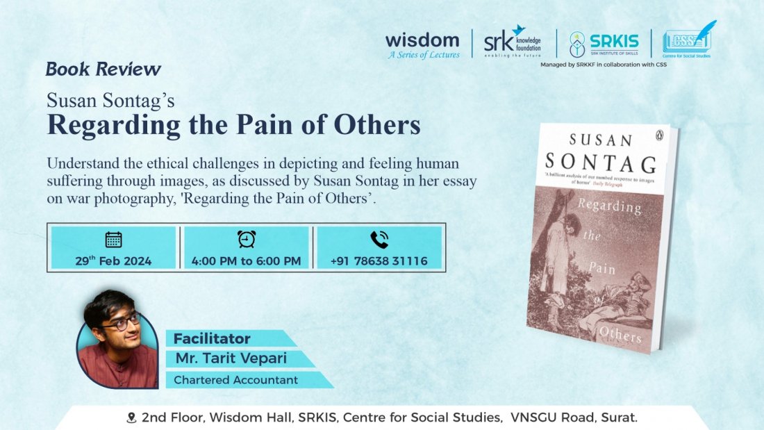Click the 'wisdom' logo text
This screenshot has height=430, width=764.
[422, 40]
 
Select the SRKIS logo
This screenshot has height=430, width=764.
[603, 43]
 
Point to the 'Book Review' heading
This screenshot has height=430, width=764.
[103, 69]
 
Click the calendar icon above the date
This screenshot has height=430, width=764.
[113, 240]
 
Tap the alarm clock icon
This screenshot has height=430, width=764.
[246, 239]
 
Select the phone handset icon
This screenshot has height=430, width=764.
[379, 240]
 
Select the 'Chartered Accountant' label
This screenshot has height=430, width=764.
[235, 380]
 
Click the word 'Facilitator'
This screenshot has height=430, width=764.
[212, 339]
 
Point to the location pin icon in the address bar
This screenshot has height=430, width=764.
[131, 418]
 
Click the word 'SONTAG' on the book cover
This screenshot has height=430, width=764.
[601, 164]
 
